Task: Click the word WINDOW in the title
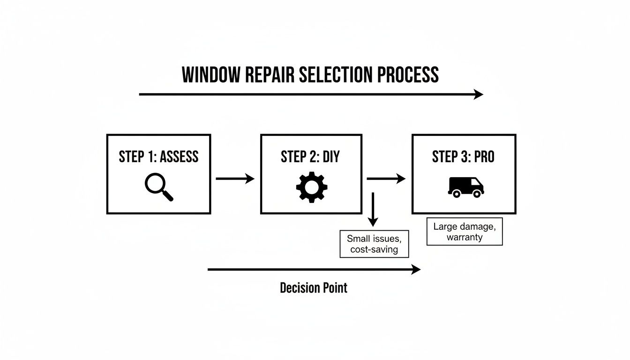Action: click(x=210, y=75)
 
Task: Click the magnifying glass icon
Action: click(x=158, y=187)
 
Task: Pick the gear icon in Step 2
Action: click(x=311, y=187)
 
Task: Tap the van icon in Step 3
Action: click(x=465, y=187)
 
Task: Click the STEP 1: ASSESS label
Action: click(x=158, y=157)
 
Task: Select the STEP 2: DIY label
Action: click(x=310, y=157)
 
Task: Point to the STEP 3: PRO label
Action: click(x=463, y=157)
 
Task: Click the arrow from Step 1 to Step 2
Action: click(x=235, y=179)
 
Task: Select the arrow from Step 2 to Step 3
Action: click(x=386, y=179)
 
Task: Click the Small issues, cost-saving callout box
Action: click(x=374, y=244)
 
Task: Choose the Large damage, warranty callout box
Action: click(x=464, y=232)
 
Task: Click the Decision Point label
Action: click(x=314, y=288)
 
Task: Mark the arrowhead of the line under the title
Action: click(x=479, y=94)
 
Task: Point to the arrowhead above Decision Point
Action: click(x=416, y=269)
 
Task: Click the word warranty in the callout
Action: click(x=464, y=237)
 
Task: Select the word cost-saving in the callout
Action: click(x=374, y=249)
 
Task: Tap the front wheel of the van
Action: click(x=477, y=194)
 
